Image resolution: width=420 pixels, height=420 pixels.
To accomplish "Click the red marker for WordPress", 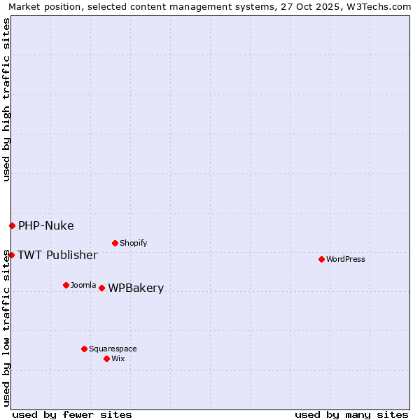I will point(321,259).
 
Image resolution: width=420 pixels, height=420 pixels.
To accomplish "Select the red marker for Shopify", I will point(115,243).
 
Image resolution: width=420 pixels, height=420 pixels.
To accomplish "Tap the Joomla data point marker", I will point(66,285).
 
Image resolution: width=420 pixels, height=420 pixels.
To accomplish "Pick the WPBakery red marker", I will point(101,288).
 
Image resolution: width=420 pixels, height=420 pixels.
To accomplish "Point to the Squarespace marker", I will point(84,349).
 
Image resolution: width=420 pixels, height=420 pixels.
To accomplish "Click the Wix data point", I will point(106,358).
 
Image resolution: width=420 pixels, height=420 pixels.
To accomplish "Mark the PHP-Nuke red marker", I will point(12,225).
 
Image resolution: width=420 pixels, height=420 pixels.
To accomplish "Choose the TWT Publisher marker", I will point(11,255).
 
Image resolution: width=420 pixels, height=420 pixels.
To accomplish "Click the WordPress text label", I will point(346,259).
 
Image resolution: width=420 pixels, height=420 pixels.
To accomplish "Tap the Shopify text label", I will point(134,243).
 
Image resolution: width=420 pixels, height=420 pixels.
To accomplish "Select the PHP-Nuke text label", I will point(46,225).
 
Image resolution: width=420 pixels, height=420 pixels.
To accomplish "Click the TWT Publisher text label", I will point(58,255).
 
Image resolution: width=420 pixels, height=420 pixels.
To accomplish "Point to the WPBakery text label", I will point(136,288).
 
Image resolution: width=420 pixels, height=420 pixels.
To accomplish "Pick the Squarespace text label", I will point(113,349).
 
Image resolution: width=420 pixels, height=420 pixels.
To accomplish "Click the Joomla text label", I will point(83,285).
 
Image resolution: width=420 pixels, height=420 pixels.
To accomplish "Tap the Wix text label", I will point(118,358).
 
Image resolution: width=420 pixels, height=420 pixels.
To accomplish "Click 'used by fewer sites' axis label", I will point(72,414).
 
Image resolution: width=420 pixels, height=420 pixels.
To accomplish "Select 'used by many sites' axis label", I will point(351,414).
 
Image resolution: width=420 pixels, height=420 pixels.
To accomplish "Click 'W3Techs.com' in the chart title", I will point(379,7).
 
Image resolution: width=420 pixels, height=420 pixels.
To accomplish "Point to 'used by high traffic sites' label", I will point(6,100).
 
